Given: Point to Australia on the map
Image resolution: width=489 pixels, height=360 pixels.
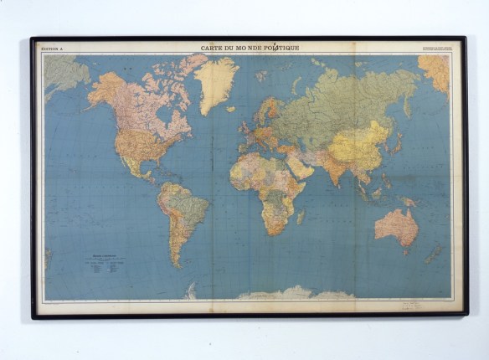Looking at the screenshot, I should coord(395,225).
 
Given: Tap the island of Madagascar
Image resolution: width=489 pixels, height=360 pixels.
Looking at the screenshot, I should coord(301,216).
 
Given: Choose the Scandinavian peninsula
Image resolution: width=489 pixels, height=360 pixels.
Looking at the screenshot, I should coord(265,110).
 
